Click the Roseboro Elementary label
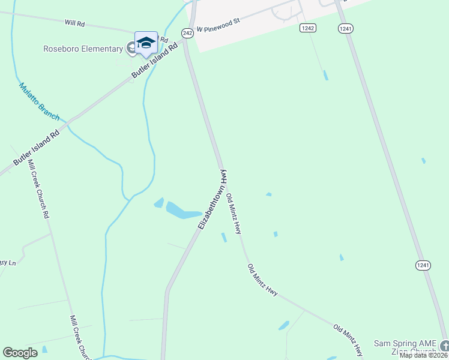tap(83, 49)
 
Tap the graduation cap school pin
tap(146, 43)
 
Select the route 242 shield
tap(188, 34)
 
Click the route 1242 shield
tap(308, 28)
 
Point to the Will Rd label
tap(75, 23)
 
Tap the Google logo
tap(20, 353)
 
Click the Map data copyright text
tap(423, 355)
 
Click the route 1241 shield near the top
tap(345, 28)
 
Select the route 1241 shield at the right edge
tap(423, 265)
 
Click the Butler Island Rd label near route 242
tap(155, 62)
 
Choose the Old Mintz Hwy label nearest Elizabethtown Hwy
tap(234, 214)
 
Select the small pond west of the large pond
tap(159, 203)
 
